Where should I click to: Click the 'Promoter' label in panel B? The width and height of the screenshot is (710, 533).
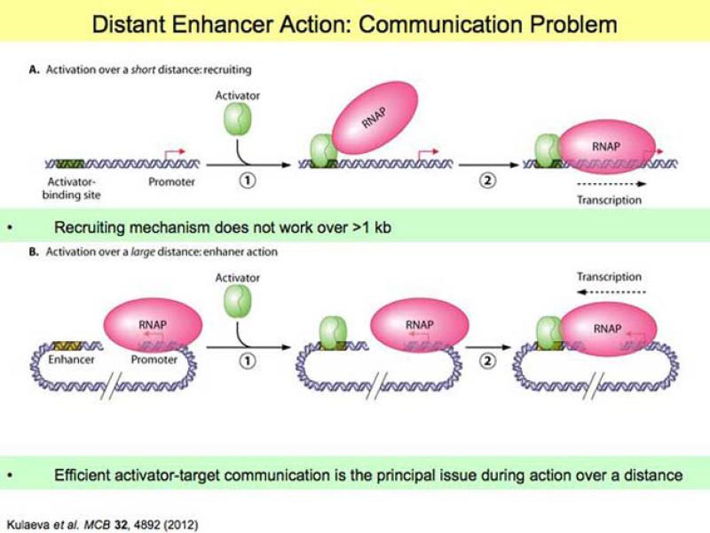pos(154,360)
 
